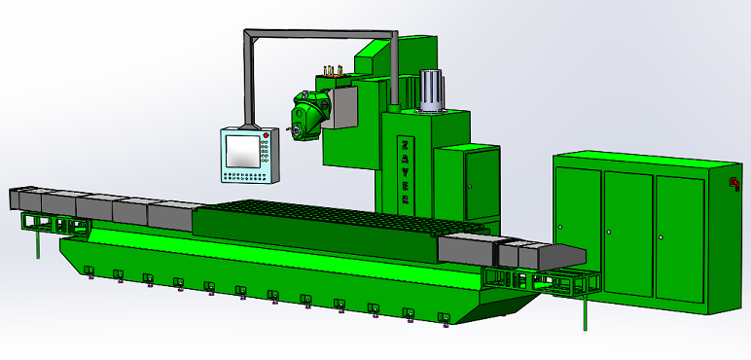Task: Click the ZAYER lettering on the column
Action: coord(403,170)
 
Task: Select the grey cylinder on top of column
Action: coord(431,91)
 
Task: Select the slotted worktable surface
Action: coord(321,213)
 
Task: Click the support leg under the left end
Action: coord(38,243)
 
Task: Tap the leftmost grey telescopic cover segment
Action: coord(23,199)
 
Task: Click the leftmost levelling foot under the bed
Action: coord(90,270)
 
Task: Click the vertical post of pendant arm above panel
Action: coord(249,83)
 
